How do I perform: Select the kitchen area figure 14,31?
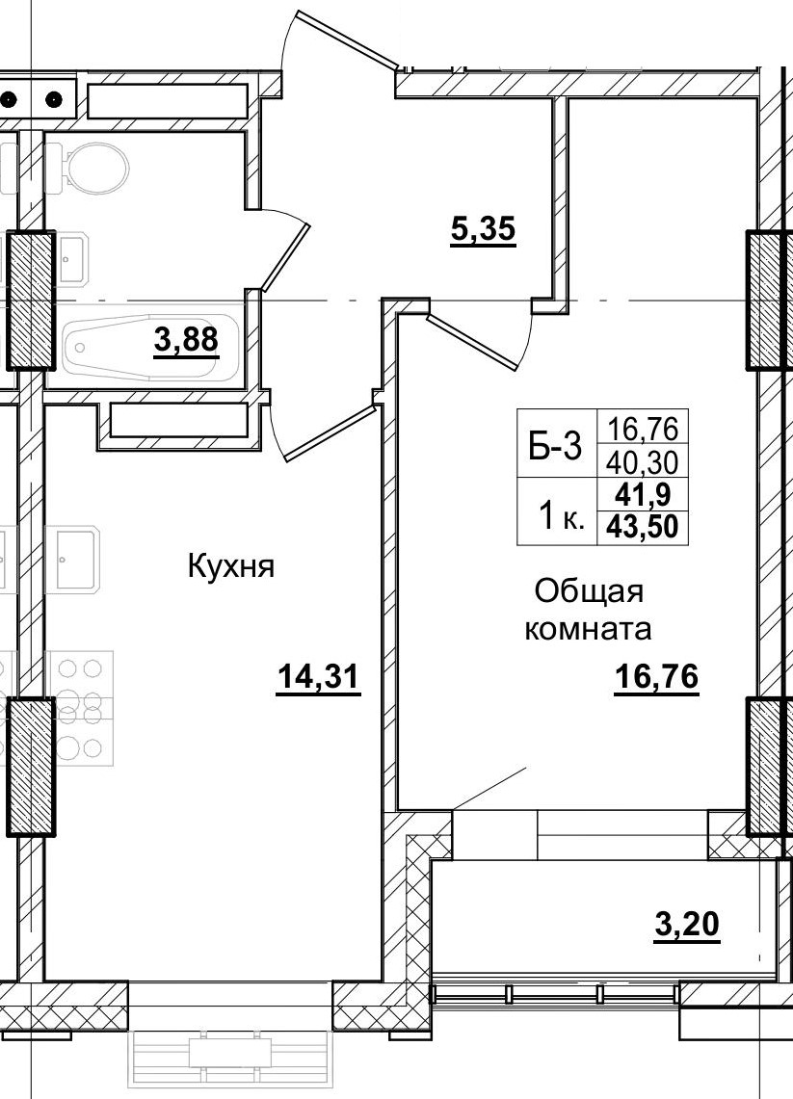[318, 677]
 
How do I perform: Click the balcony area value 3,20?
[687, 927]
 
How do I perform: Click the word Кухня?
[231, 566]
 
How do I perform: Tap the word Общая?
[589, 590]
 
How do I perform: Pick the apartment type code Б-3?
[556, 446]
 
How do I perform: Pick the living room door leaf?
[473, 338]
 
